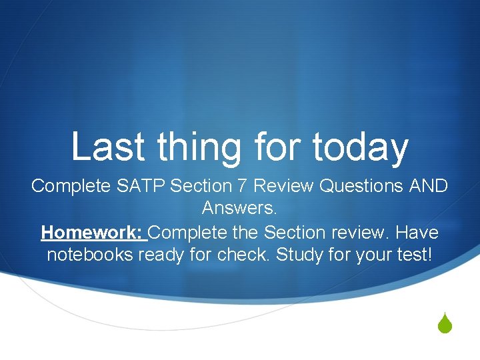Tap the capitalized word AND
pos(425,186)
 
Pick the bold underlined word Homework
pos(92,233)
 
